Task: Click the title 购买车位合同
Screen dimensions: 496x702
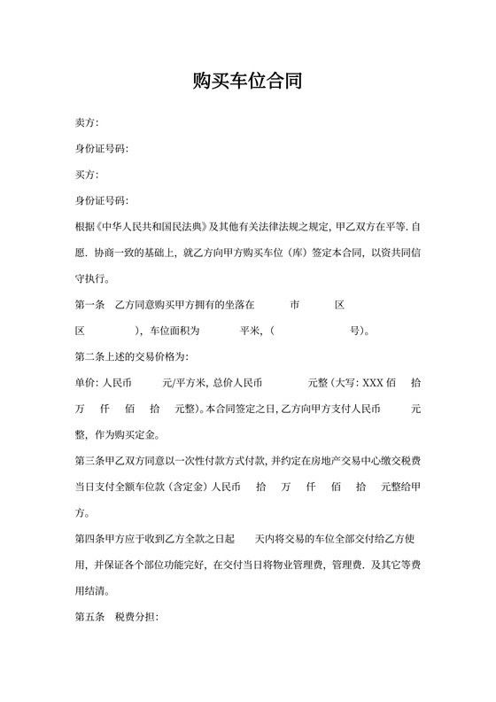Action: coord(248,83)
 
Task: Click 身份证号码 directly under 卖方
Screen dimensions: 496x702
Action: coord(102,148)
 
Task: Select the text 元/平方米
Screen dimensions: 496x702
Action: coord(183,384)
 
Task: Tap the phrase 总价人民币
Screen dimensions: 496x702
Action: coord(236,384)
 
